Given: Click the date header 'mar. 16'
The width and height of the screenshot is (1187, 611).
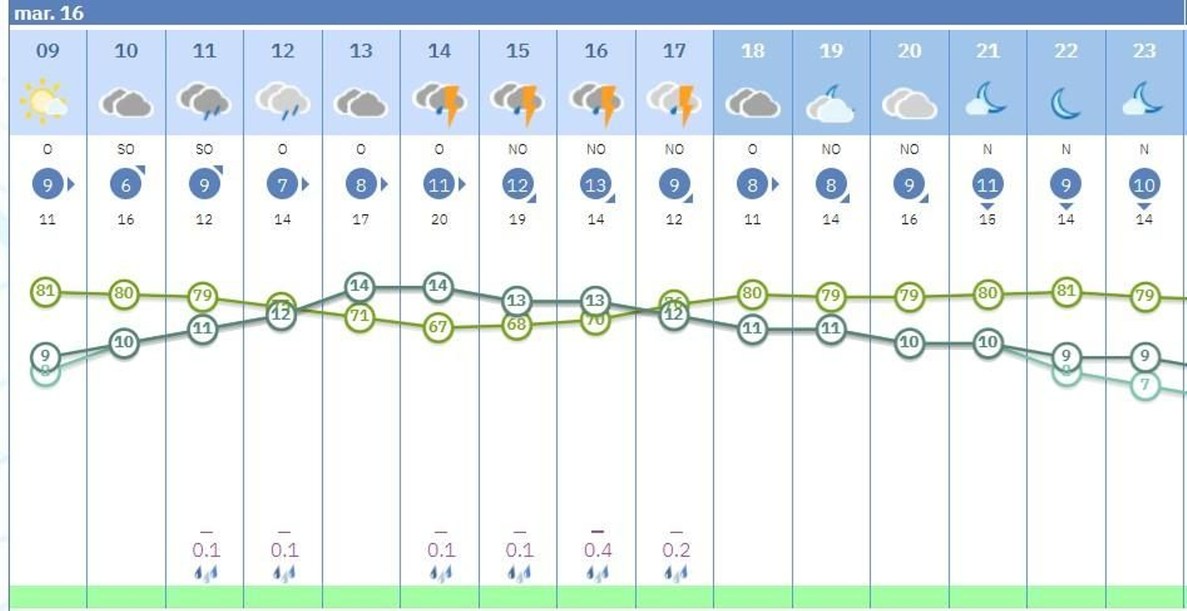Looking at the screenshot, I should (49, 13).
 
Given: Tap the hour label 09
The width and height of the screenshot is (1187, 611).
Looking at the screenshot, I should (47, 50).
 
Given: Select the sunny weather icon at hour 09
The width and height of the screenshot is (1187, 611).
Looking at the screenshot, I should (45, 101).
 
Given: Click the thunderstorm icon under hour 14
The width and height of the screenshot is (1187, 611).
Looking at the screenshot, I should (439, 102).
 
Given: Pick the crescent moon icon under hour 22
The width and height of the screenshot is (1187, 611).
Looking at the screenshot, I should (1065, 102).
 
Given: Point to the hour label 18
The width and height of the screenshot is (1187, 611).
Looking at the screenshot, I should (752, 50).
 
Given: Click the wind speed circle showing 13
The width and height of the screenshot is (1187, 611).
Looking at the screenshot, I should (596, 184).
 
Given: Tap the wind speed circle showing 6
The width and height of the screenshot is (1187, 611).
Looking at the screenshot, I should (125, 184).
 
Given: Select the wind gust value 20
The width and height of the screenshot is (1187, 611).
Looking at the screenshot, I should (439, 219).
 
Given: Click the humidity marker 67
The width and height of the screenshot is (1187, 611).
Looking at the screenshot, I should (438, 327).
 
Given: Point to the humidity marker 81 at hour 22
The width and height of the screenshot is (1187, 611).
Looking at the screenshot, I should (1065, 291).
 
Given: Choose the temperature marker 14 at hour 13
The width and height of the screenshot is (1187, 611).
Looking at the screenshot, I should (360, 286).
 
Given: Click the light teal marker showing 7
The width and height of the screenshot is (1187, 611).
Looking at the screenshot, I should (1145, 385).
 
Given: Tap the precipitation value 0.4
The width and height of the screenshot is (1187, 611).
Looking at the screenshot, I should (597, 550).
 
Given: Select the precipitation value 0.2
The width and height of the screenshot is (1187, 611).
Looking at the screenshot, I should (676, 550).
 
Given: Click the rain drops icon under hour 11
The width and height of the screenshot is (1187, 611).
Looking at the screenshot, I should (205, 573).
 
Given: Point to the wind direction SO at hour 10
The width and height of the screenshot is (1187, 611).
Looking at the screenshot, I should (125, 149).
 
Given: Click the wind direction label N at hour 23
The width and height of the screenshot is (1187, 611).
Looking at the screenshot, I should (1144, 149).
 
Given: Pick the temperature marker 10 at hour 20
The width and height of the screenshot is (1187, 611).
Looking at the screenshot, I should (909, 342).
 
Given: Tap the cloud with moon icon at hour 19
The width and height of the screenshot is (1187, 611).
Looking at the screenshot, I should (831, 102).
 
